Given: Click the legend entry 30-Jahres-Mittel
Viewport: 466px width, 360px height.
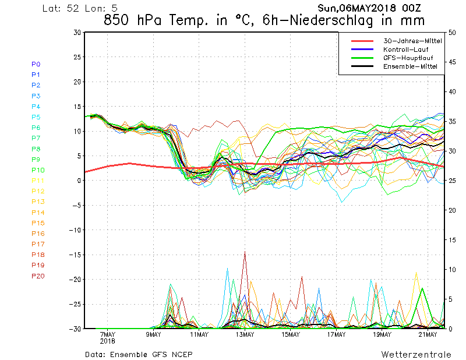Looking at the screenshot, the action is [412, 41].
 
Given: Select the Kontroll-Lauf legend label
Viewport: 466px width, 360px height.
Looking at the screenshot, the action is [405, 50].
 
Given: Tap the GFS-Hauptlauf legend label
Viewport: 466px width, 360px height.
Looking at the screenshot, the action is [408, 58].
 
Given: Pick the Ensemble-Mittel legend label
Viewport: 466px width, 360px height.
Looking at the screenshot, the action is [410, 66].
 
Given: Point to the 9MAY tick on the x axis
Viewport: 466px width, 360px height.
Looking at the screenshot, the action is [153, 334].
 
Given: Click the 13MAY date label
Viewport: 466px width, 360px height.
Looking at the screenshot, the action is [245, 334].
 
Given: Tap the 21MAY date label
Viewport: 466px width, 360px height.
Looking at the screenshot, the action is [428, 334].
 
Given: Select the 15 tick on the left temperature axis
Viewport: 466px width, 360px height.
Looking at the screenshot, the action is [77, 107].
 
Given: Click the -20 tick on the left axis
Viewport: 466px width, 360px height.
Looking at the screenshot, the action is [75, 280].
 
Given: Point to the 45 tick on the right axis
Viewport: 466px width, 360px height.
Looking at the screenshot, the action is [452, 62].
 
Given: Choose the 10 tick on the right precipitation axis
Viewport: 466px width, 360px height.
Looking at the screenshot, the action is [452, 270].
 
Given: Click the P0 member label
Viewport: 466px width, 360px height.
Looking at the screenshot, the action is [36, 64].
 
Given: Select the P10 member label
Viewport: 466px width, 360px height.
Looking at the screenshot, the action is [38, 170].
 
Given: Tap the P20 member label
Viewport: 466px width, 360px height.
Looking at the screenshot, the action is [38, 276].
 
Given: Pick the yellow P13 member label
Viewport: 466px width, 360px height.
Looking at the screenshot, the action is [38, 202].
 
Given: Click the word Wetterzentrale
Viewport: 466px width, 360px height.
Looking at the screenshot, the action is [416, 355].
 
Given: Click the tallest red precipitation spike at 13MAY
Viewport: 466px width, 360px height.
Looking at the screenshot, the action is [245, 252].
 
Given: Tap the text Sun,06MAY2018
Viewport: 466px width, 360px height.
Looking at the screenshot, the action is [356, 8].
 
